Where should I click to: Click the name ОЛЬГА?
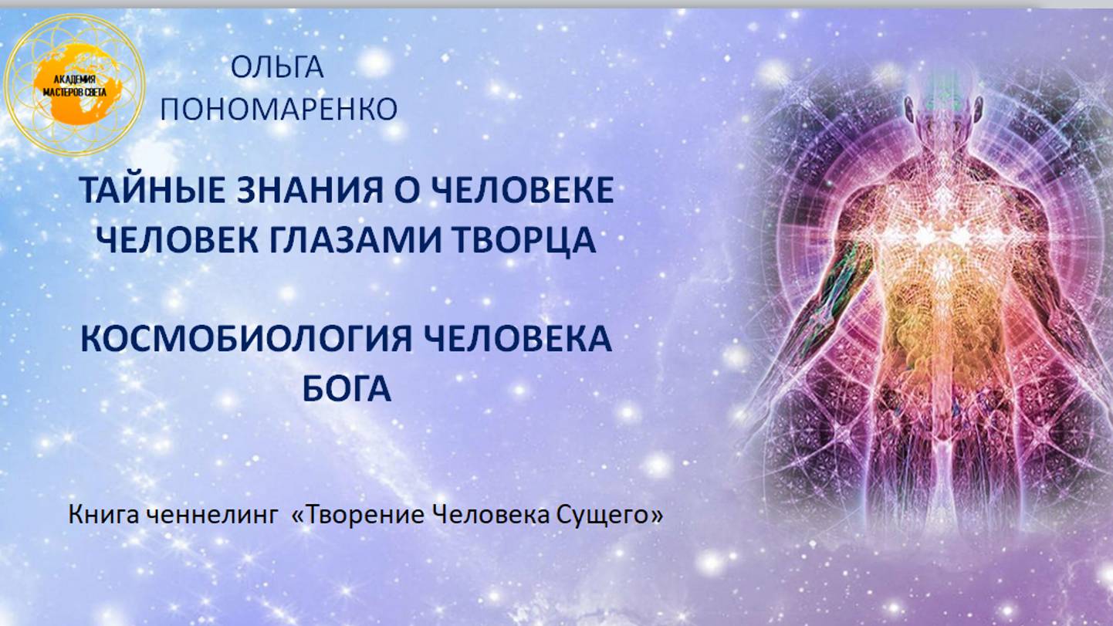point(277,68)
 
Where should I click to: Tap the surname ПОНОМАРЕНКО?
point(279,110)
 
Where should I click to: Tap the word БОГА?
point(347,388)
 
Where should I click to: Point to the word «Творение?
point(357,515)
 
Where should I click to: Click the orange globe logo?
point(73,83)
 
